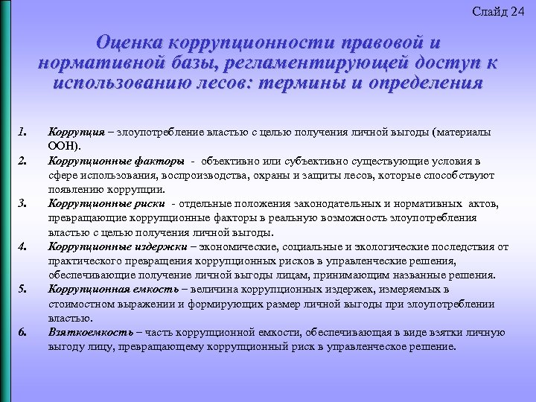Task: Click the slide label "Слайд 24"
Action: (498, 11)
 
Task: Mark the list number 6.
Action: (22, 331)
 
